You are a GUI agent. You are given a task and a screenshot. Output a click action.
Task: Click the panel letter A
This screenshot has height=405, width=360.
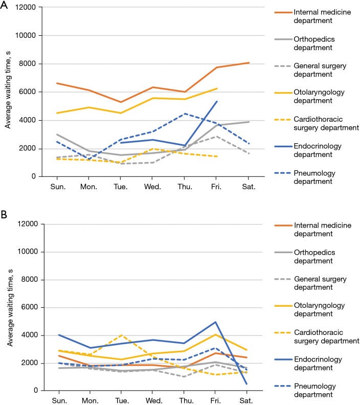(x=4, y=5)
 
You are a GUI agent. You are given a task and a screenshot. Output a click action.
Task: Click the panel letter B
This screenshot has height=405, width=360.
(x=4, y=214)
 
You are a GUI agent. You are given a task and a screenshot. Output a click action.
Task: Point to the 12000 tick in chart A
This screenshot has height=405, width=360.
(x=25, y=7)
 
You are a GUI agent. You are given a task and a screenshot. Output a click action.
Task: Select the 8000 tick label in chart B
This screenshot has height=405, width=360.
(x=30, y=280)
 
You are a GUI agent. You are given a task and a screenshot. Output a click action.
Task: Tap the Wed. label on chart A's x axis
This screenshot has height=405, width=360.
(x=152, y=187)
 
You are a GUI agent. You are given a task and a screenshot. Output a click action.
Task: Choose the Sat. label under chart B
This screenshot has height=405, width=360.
(x=246, y=400)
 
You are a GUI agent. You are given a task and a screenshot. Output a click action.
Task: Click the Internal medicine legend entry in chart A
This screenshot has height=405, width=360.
(x=313, y=16)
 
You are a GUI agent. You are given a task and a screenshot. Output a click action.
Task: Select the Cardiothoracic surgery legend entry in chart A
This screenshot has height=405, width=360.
(x=317, y=123)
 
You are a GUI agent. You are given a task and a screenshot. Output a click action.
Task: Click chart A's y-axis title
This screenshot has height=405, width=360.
(x=8, y=89)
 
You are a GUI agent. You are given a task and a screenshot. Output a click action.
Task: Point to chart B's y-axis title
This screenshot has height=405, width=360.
(x=10, y=308)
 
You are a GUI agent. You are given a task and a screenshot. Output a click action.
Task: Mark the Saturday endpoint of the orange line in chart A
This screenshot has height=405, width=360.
(x=249, y=63)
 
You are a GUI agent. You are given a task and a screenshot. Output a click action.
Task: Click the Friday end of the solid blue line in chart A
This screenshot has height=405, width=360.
(x=217, y=102)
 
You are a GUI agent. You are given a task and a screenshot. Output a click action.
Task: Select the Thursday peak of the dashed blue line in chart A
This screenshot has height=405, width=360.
(x=185, y=114)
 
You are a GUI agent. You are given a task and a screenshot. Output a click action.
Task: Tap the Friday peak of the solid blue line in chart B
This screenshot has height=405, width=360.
(x=215, y=322)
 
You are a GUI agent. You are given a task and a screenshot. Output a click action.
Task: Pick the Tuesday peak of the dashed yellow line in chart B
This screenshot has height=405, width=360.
(x=121, y=335)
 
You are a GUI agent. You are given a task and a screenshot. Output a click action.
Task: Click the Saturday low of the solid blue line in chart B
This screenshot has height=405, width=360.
(x=246, y=384)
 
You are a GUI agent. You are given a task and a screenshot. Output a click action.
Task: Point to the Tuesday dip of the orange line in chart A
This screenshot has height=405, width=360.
(x=121, y=102)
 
